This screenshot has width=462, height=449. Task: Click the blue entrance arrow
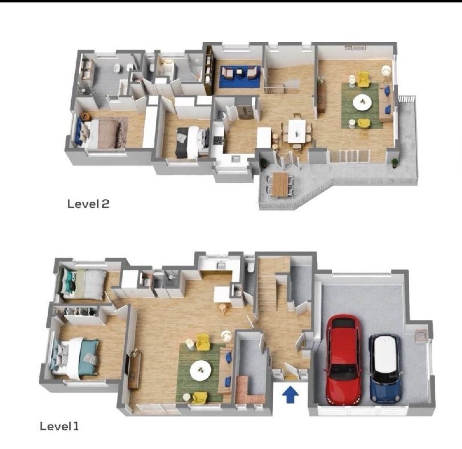coord(290,394)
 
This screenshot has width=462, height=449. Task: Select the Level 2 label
coord(88,204)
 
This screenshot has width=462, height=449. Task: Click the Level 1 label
coord(59,426)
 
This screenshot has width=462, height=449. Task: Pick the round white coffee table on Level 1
coord(201,370)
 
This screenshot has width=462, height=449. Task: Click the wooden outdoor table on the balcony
coord(280,184)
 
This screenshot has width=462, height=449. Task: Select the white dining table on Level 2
coord(297,131)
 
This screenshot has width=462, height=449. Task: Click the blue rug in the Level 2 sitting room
coord(239,77)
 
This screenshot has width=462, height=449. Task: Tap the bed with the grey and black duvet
coord(193,142)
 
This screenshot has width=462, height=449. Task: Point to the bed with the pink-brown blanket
coord(101,133)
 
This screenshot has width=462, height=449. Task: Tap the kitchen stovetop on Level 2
coord(218,141)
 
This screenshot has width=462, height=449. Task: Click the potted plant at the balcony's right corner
coord(394,163)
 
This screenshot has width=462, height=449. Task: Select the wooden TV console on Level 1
coord(134,370)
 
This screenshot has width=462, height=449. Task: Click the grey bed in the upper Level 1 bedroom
coord(83,284)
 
